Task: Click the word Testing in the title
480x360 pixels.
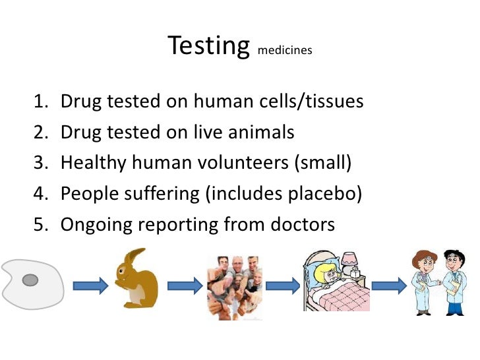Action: tap(209, 46)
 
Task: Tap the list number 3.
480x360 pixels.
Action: tap(42, 164)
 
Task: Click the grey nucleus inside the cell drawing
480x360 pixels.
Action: tap(30, 281)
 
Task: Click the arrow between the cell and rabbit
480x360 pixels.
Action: tap(90, 285)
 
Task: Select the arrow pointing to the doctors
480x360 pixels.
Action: tap(390, 285)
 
